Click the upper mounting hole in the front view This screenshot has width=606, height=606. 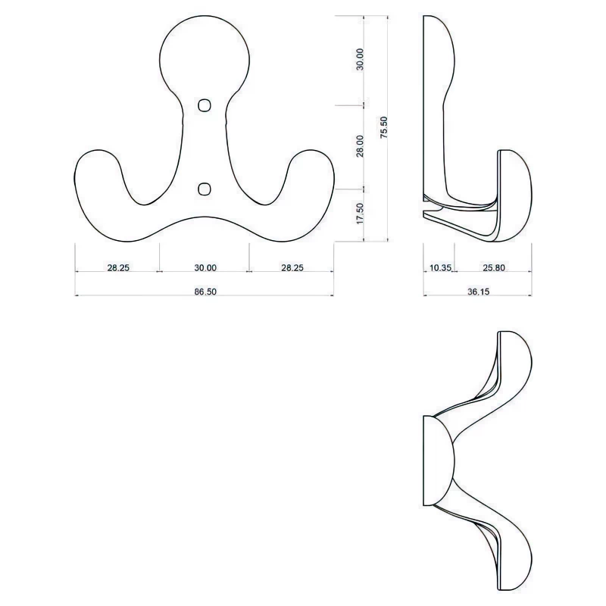point(205,105)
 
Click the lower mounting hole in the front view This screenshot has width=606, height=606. point(205,189)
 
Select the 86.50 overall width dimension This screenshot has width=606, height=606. point(205,292)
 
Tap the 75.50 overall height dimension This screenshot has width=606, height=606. point(383,127)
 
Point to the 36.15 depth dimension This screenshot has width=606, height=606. point(479,292)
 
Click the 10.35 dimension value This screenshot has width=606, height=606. point(441,267)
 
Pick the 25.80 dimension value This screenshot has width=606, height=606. point(494,267)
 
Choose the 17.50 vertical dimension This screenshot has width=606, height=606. point(360,214)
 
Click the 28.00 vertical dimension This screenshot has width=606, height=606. point(360,146)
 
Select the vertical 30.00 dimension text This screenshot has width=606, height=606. point(360,60)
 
